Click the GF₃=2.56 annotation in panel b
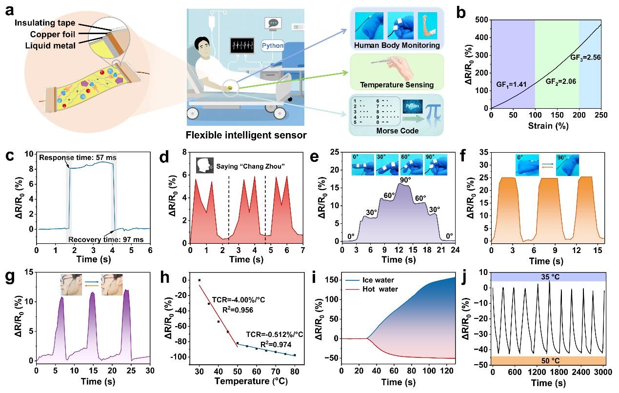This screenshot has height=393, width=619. pos(585,58)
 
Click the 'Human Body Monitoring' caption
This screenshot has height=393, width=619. pos(397,45)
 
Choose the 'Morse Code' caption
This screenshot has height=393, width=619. pos(397,131)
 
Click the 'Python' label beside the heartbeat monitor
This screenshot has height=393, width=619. pos(273,46)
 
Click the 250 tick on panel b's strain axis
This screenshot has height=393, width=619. pos(601,115)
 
